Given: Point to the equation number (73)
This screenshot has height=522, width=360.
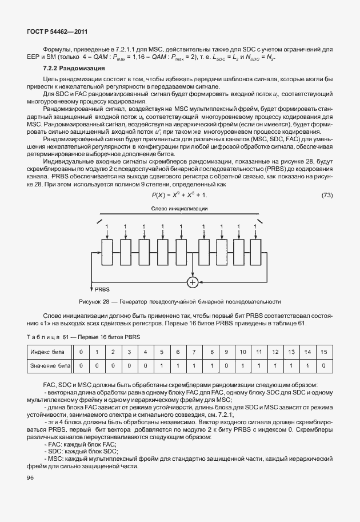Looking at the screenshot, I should (x=327, y=196).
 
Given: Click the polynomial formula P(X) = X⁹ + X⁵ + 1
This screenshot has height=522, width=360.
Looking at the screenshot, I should (x=179, y=196).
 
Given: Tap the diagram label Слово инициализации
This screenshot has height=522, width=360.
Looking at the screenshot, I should (x=179, y=209).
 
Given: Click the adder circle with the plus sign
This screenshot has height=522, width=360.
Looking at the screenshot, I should (x=193, y=282).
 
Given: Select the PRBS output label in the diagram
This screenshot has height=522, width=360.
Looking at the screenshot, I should (x=102, y=290).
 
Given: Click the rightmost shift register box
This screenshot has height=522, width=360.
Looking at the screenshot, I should (x=256, y=252).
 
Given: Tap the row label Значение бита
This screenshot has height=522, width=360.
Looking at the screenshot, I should (x=50, y=364).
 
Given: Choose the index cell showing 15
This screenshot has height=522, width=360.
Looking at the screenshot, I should (x=324, y=350).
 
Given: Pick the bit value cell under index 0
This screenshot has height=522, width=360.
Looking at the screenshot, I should (x=81, y=364).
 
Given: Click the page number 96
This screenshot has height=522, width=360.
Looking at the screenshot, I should (x=30, y=477).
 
